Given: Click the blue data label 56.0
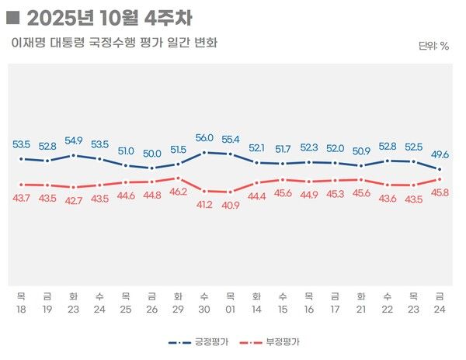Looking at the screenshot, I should (x=204, y=137).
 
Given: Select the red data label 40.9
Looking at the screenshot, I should (x=231, y=206).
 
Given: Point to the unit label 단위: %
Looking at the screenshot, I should (x=433, y=46).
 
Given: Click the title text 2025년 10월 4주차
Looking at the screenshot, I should (x=110, y=17).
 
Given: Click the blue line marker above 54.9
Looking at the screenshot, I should (x=74, y=155).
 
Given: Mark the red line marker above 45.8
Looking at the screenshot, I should (x=440, y=179).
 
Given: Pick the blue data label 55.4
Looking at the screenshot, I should (x=231, y=139).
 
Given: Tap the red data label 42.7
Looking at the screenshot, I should (x=74, y=200).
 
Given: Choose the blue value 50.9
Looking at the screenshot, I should (x=361, y=151).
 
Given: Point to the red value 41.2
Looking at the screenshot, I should (x=204, y=204).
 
